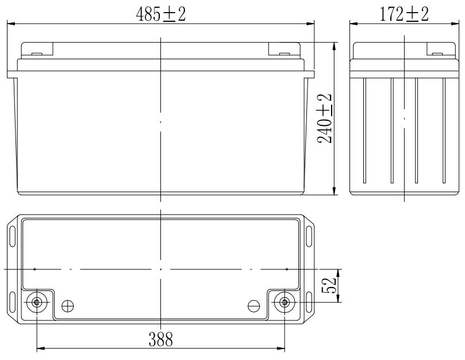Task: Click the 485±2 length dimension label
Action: tap(161, 14)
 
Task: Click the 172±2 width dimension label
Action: tap(404, 14)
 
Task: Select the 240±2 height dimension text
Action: tap(324, 118)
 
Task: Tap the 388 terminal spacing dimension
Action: tap(160, 339)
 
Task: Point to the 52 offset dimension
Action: tap(329, 285)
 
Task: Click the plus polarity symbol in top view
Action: tap(68, 306)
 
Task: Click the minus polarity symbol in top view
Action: tap(254, 306)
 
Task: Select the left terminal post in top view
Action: tap(36, 302)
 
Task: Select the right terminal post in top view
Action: tap(285, 302)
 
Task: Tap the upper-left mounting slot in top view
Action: tap(13, 236)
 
